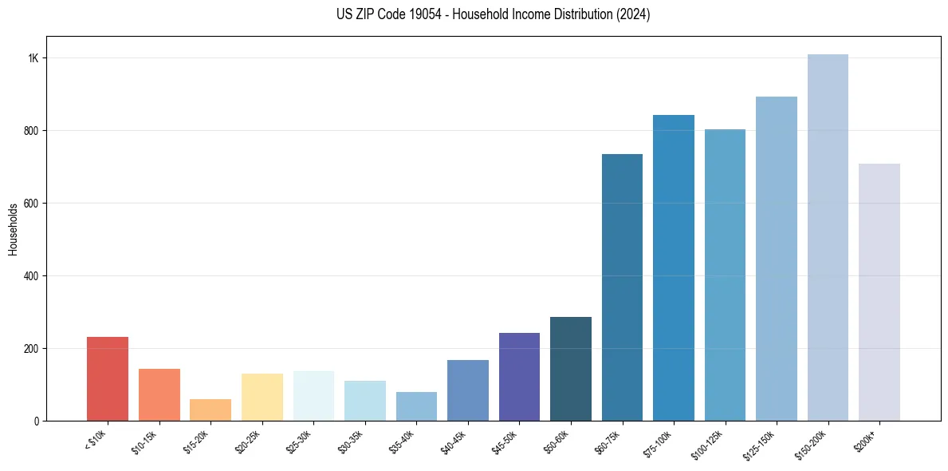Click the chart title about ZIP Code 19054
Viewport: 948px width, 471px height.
(474, 14)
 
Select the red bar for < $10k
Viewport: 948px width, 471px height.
(108, 379)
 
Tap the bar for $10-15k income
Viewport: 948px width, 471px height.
(159, 395)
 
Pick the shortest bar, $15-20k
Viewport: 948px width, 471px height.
(210, 410)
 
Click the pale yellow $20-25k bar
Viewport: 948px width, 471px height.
(262, 398)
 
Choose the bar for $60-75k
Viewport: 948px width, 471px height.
(622, 287)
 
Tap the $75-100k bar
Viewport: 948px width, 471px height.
(674, 267)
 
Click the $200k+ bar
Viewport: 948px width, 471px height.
(879, 292)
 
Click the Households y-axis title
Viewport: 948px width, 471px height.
(14, 229)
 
